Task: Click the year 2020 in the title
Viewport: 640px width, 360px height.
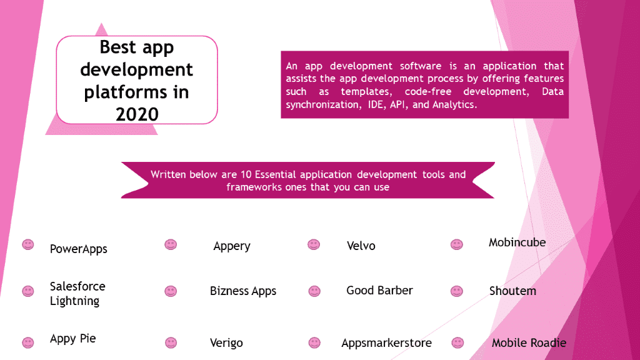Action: point(137,114)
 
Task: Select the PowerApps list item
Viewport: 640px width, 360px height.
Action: point(78,249)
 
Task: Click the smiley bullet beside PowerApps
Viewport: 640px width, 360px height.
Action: point(27,244)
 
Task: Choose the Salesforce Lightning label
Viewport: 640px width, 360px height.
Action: point(77,294)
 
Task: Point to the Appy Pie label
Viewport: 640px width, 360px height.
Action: point(72,339)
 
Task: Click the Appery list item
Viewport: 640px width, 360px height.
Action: point(232,246)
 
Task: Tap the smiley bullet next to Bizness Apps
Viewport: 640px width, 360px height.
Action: point(171,291)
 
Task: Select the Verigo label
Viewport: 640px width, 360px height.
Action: point(226,343)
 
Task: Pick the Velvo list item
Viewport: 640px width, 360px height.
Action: point(361,246)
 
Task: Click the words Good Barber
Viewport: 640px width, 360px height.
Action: point(379,290)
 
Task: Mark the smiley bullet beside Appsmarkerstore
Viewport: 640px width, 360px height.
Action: point(314,342)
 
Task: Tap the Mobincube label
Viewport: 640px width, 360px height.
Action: point(517,242)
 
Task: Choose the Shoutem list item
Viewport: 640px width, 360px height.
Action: point(512,291)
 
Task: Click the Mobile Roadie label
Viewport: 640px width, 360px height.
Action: point(529,343)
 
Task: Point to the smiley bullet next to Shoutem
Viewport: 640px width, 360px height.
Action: point(457,291)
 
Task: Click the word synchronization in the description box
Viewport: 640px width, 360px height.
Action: point(323,105)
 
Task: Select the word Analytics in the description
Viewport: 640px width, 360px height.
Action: point(455,105)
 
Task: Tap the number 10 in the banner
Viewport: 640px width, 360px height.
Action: point(246,175)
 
